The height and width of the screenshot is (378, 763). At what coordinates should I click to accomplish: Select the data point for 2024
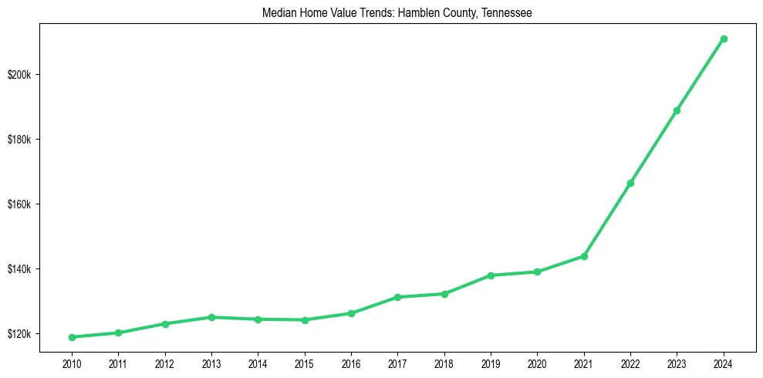pyautogui.click(x=724, y=39)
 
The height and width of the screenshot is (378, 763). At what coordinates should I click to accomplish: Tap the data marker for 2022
pyautogui.click(x=630, y=183)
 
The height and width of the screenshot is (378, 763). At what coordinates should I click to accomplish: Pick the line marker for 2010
pyautogui.click(x=72, y=337)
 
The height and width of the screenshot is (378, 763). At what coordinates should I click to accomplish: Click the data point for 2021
pyautogui.click(x=584, y=256)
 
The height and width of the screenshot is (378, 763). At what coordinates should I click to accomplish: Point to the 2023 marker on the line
pyautogui.click(x=677, y=110)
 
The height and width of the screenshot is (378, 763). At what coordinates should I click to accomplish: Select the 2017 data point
pyautogui.click(x=397, y=297)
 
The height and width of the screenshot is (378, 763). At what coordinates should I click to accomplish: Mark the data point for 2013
pyautogui.click(x=211, y=317)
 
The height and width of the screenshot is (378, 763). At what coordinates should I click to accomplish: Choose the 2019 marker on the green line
pyautogui.click(x=491, y=275)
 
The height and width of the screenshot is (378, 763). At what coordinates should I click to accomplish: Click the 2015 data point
pyautogui.click(x=305, y=320)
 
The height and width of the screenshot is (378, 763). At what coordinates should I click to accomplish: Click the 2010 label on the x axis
pyautogui.click(x=72, y=363)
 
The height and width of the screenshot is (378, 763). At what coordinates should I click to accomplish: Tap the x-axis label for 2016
pyautogui.click(x=351, y=363)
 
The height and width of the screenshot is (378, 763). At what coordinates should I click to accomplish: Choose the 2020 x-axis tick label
pyautogui.click(x=537, y=363)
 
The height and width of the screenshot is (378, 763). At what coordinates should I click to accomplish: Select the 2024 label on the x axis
pyautogui.click(x=724, y=363)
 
